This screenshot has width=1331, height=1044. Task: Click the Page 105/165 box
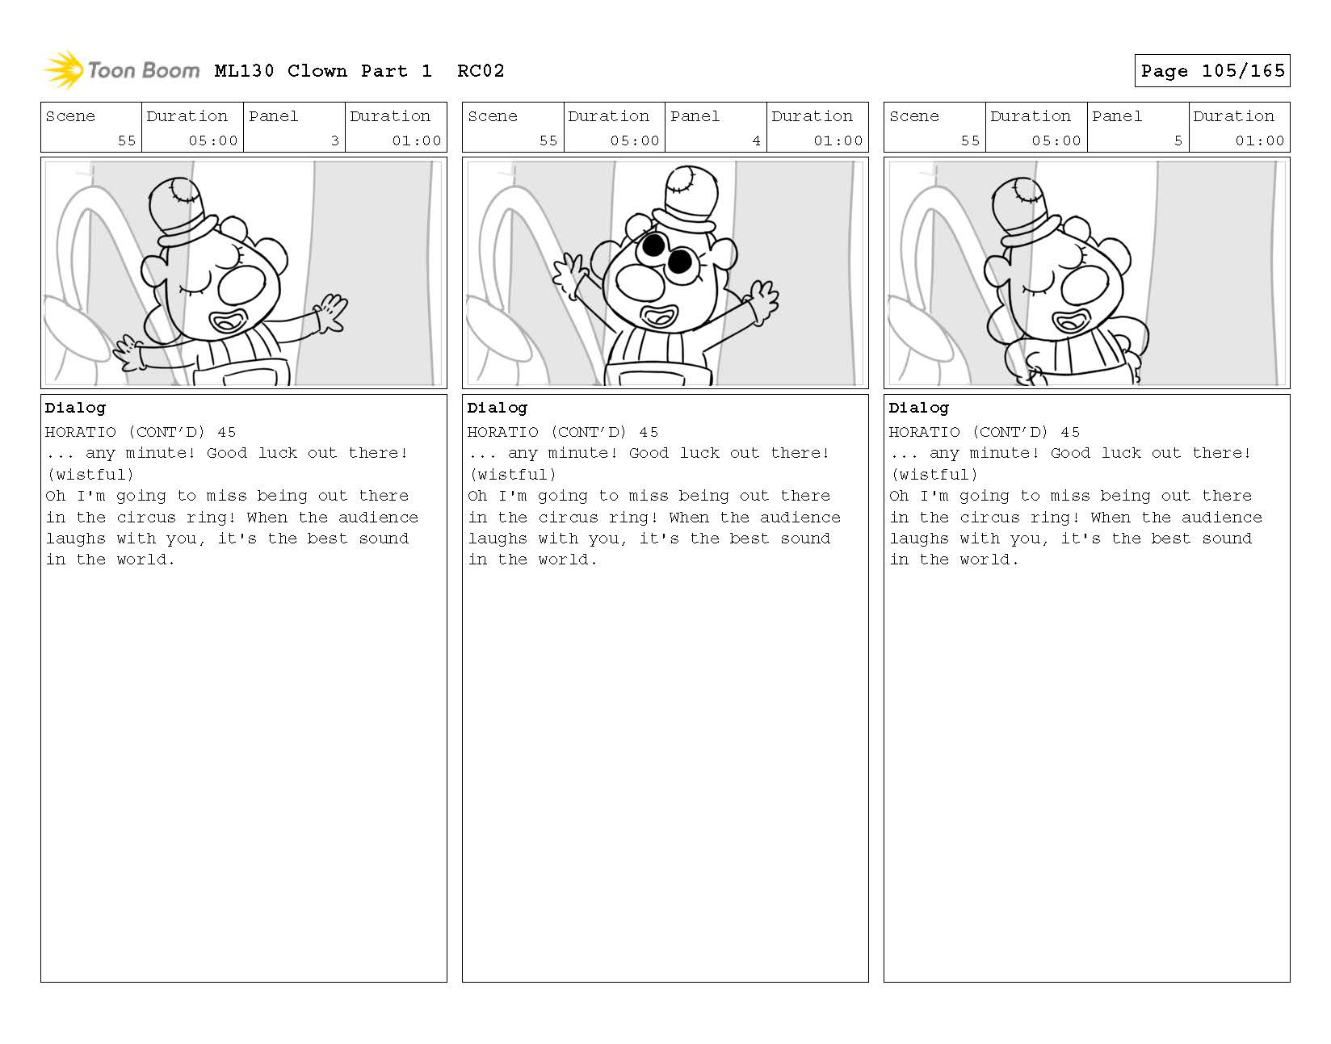click(1211, 71)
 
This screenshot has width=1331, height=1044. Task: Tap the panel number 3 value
click(334, 140)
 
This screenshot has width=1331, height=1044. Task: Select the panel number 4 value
click(756, 140)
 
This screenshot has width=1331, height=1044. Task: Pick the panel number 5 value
click(1178, 140)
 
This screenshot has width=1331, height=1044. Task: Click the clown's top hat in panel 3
click(182, 212)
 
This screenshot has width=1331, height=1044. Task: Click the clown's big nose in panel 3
click(241, 286)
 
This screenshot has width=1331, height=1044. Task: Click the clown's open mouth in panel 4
click(659, 316)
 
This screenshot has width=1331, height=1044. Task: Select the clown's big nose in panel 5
click(1085, 286)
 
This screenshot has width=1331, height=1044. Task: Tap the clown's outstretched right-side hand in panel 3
click(331, 312)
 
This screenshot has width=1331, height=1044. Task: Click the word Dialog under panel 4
click(497, 409)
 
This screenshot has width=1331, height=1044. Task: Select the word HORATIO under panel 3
click(80, 432)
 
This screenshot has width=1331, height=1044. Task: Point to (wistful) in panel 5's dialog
click(934, 475)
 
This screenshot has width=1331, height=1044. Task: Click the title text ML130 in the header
click(244, 71)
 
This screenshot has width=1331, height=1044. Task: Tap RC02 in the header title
click(481, 71)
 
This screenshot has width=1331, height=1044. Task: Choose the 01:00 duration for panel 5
click(1259, 140)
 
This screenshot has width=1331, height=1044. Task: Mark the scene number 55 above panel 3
click(127, 140)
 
